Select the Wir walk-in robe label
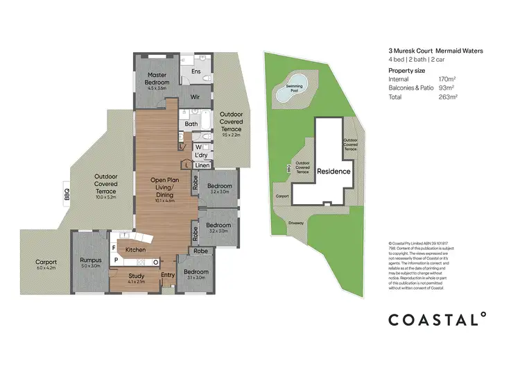tap(195, 97)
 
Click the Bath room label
tap(191, 124)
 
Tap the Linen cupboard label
tap(202, 165)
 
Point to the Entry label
tap(168, 275)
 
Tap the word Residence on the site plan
tap(334, 171)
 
